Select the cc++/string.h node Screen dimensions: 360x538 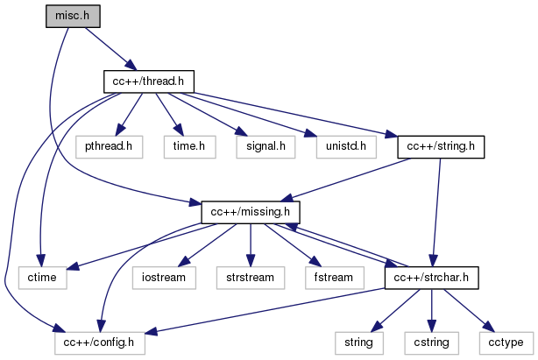[x=441, y=146]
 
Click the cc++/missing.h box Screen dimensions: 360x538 [x=251, y=212]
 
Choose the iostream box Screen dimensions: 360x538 [x=163, y=278]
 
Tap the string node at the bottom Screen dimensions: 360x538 [x=357, y=342]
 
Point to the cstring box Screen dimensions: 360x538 [x=429, y=342]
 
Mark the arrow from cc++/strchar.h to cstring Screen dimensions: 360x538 [x=429, y=310]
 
